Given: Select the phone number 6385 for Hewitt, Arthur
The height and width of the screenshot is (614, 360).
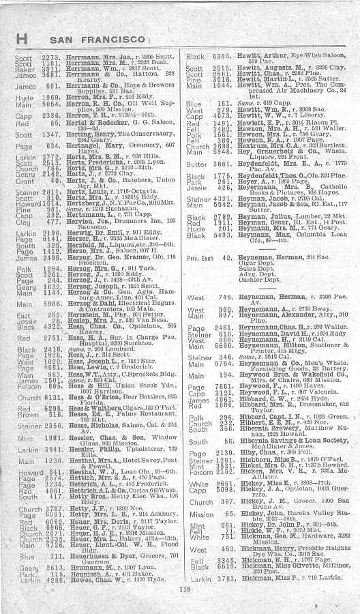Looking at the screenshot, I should pos(222,56).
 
